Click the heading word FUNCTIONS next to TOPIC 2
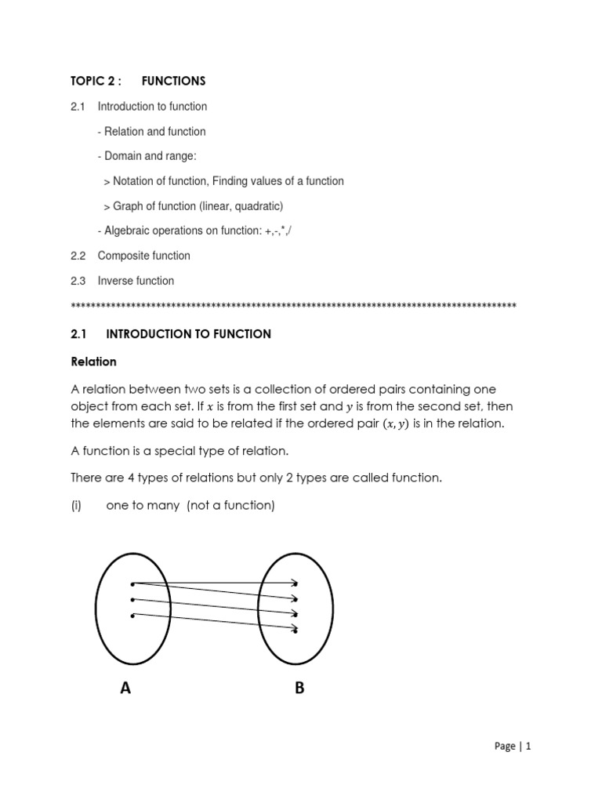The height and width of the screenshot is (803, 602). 173,81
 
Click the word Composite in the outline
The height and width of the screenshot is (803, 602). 121,256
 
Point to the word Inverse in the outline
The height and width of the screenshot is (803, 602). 115,281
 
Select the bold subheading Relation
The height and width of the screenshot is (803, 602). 93,362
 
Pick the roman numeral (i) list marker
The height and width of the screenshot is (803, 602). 76,506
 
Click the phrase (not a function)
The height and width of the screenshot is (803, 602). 231,506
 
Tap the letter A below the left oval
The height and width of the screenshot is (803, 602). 125,689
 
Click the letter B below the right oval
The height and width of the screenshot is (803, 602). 299,689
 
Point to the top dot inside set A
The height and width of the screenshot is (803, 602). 132,583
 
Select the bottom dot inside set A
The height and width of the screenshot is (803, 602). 132,616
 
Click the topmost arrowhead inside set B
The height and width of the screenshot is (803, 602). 296,583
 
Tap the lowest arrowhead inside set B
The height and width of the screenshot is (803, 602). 295,629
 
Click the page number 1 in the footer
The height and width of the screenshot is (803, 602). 529,747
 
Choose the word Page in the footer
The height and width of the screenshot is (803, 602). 506,747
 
